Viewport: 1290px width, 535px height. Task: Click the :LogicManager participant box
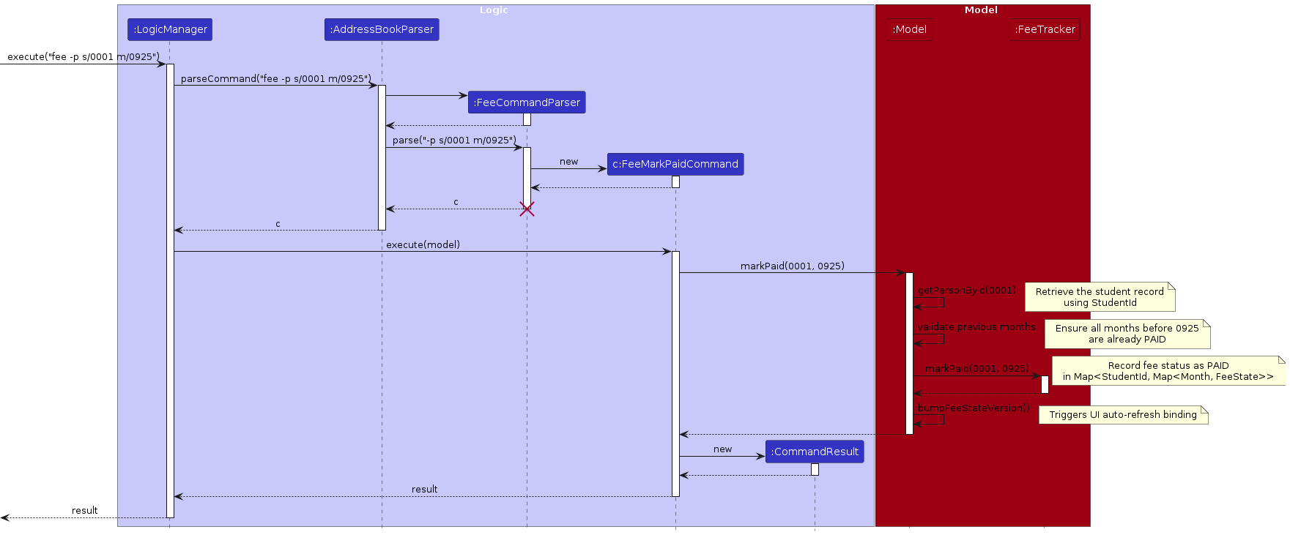[x=170, y=29]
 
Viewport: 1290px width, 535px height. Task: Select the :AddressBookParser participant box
[x=382, y=29]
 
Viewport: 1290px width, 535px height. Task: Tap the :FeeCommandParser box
[x=527, y=102]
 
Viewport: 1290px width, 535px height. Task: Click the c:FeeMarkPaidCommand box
[x=675, y=164]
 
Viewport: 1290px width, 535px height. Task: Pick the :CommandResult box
[x=815, y=452]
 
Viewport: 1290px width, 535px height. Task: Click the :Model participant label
[x=909, y=29]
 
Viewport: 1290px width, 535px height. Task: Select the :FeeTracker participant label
[x=1045, y=29]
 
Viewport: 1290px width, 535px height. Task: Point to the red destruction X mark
[x=527, y=209]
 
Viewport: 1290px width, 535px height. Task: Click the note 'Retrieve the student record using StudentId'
[x=1100, y=297]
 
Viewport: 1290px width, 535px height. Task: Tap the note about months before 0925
[x=1127, y=334]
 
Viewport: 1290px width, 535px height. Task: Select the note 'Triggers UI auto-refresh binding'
[x=1123, y=415]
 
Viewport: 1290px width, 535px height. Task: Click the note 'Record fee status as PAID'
[x=1168, y=371]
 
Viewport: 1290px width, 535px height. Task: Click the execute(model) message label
[x=423, y=244]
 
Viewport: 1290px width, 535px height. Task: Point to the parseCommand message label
[x=275, y=78]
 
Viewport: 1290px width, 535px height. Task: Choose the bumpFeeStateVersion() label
[x=974, y=408]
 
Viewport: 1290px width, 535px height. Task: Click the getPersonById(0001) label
[x=966, y=290]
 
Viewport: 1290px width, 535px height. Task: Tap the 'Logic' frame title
[x=494, y=10]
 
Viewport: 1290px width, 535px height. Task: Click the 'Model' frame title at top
[x=981, y=10]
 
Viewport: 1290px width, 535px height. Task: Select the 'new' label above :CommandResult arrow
[x=722, y=449]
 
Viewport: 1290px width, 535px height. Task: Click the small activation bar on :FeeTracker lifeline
[x=1045, y=384]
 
